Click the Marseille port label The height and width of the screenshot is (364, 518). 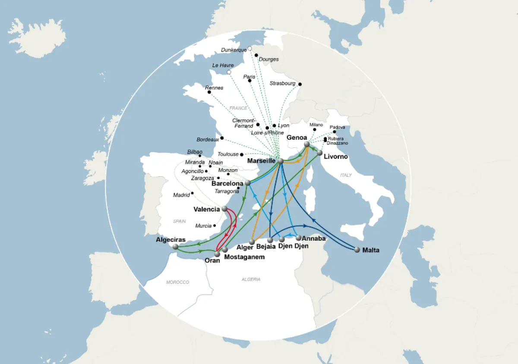pos(262,161)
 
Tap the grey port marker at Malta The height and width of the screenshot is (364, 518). pos(357,249)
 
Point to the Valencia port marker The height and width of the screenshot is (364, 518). pos(224,209)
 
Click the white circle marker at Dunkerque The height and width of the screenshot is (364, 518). pos(250,49)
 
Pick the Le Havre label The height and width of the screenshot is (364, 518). pos(223,65)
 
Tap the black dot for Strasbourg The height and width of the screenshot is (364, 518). pos(300,84)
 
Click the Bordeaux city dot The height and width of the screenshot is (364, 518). pos(222,138)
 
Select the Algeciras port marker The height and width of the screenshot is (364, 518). pos(175,247)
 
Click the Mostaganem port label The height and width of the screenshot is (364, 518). pos(244,257)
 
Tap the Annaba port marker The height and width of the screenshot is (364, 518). pos(298,238)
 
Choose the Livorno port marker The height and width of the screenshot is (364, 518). pos(320,153)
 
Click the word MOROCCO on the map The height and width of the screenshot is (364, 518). pos(178,282)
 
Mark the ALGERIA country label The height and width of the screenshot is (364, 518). pos(251,279)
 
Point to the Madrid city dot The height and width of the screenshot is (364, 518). pos(192,193)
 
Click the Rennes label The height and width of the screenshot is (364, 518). pos(215,88)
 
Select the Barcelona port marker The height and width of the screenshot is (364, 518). pos(247,183)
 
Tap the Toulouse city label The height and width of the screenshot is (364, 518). pos(228,154)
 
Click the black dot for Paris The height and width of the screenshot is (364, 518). pos(250,81)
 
